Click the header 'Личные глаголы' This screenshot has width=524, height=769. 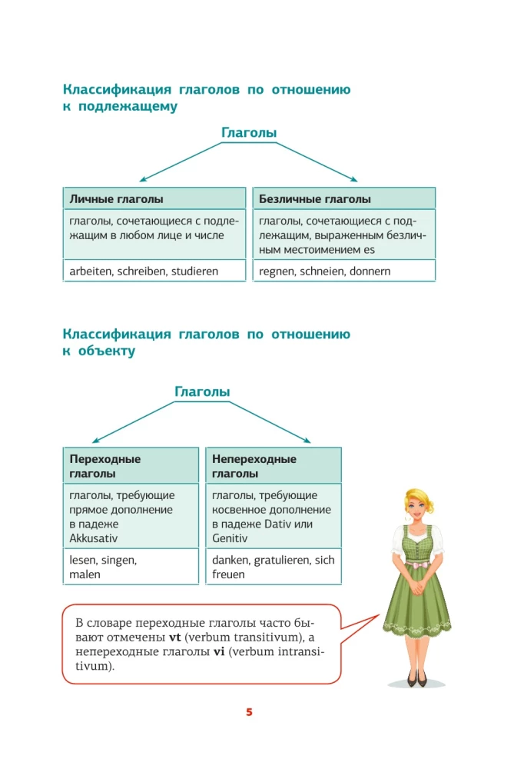click(116, 199)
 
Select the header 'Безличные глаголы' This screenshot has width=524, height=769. click(315, 199)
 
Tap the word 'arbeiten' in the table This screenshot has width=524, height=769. click(90, 271)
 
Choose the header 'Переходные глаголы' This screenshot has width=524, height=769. click(104, 466)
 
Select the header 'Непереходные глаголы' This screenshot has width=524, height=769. click(254, 466)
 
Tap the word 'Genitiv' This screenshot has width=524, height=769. click(230, 538)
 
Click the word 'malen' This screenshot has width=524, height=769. click(85, 574)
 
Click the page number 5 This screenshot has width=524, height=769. click(249, 712)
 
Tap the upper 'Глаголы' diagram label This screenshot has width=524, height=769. click(249, 133)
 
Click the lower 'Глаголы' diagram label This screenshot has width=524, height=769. click(202, 391)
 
